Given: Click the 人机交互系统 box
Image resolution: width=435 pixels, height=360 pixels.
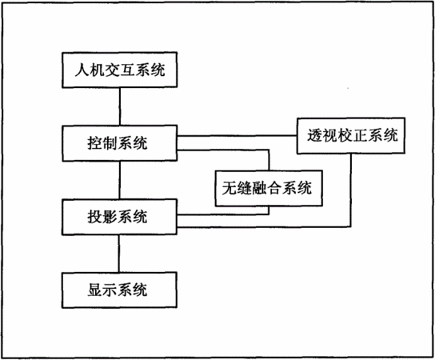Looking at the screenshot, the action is pyautogui.click(x=120, y=70).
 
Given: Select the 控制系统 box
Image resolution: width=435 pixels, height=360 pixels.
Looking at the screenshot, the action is pyautogui.click(x=120, y=143).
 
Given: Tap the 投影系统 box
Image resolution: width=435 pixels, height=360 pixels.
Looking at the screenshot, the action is pyautogui.click(x=120, y=217).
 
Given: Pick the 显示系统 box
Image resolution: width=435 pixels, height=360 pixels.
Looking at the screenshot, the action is pyautogui.click(x=120, y=290).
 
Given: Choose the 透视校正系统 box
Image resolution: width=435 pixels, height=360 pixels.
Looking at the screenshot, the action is pyautogui.click(x=351, y=136).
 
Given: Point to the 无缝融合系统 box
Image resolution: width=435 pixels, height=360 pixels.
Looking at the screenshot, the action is pyautogui.click(x=269, y=188).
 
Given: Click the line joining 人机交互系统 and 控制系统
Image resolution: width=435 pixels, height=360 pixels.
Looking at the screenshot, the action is pyautogui.click(x=120, y=106).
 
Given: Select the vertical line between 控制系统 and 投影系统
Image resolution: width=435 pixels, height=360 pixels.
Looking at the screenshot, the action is pyautogui.click(x=120, y=180).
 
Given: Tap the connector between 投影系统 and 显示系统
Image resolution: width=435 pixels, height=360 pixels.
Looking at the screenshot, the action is pyautogui.click(x=119, y=254).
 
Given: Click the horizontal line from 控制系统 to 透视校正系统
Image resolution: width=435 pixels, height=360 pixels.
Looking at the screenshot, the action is pyautogui.click(x=237, y=136).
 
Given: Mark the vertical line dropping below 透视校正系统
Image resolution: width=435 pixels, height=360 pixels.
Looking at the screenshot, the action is pyautogui.click(x=351, y=190).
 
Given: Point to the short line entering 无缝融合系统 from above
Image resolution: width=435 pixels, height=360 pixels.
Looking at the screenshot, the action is pyautogui.click(x=269, y=160).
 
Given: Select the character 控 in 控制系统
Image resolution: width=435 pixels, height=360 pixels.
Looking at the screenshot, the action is pyautogui.click(x=95, y=143).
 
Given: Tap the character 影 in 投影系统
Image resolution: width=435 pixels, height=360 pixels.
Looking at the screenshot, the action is pyautogui.click(x=110, y=217).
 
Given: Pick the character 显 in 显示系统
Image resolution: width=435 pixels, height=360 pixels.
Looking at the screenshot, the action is pyautogui.click(x=95, y=290).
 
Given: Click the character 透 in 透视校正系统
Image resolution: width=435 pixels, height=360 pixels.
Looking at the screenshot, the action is pyautogui.click(x=314, y=135).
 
